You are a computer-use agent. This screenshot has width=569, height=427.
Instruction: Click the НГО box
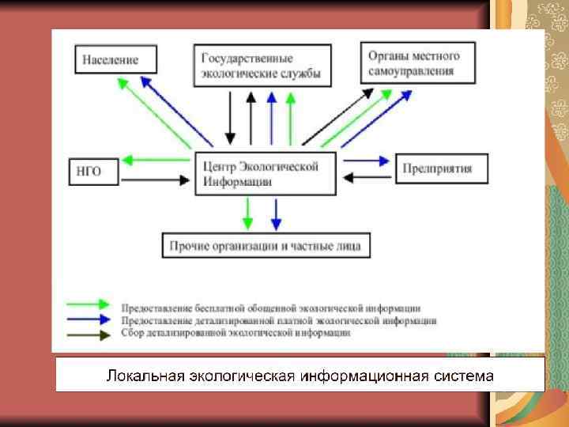tap(93, 171)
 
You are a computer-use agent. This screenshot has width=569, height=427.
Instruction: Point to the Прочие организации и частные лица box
tap(265, 246)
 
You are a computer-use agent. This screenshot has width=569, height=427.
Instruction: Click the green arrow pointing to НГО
tap(158, 161)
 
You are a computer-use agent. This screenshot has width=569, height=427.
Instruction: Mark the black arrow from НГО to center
tap(158, 180)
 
